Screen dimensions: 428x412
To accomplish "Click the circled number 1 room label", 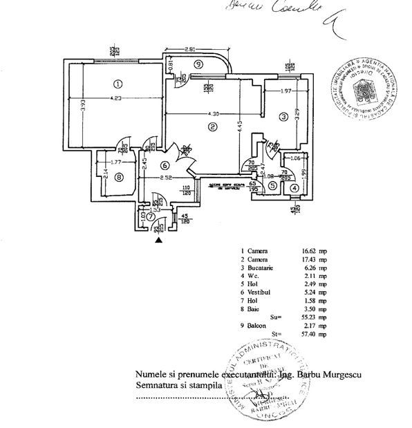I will coord(118,84).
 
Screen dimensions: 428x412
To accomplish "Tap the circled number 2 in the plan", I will coord(213,127).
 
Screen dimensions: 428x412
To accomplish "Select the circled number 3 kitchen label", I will coord(283,118).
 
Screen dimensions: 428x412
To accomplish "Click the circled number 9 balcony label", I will coord(199,64).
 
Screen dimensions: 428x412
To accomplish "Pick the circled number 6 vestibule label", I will coord(164,165).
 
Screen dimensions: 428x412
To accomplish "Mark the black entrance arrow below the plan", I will coord(160,241).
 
